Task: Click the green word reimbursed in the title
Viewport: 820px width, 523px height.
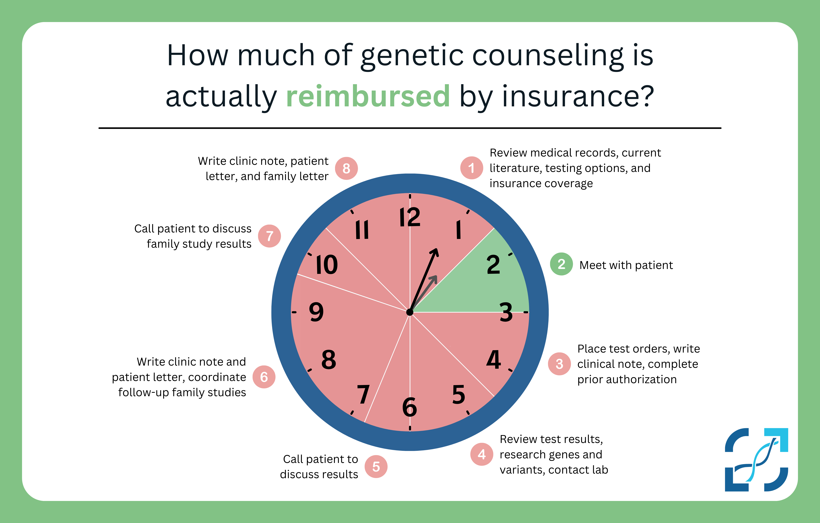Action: [368, 96]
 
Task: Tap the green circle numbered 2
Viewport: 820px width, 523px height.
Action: [561, 264]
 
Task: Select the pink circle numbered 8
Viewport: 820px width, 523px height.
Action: [346, 168]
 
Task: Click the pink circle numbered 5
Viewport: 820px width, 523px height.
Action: [376, 466]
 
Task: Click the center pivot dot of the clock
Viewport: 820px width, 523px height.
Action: [410, 312]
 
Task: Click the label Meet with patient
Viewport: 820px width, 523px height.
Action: [626, 265]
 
